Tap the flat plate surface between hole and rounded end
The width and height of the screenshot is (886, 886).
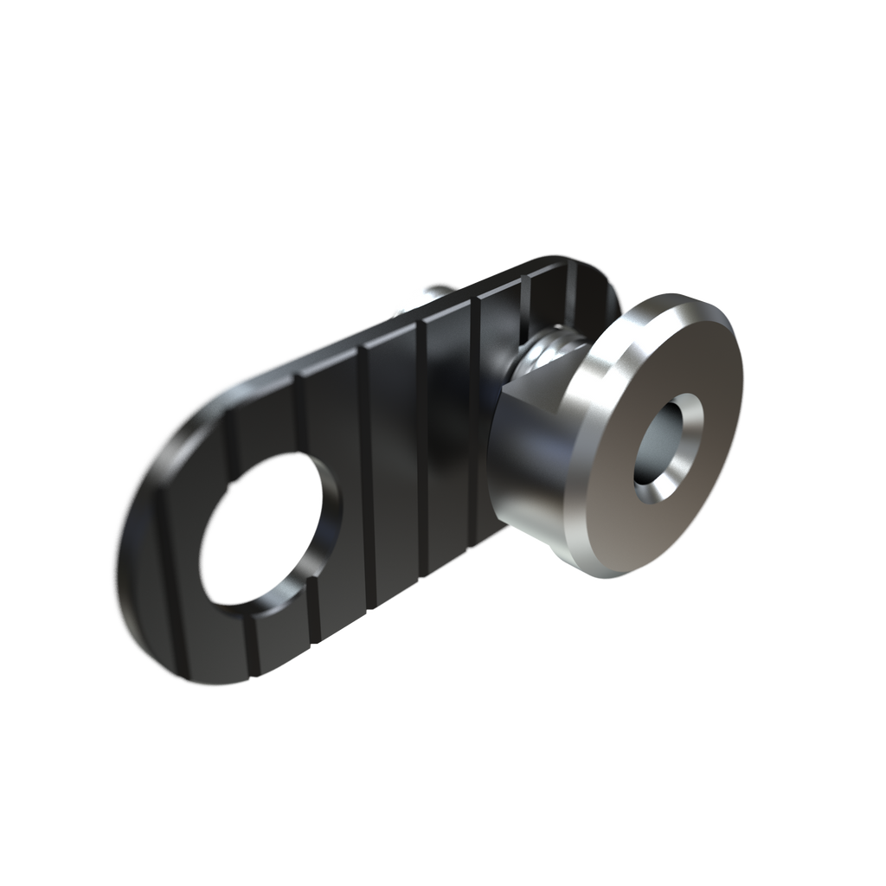tap(173, 554)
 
